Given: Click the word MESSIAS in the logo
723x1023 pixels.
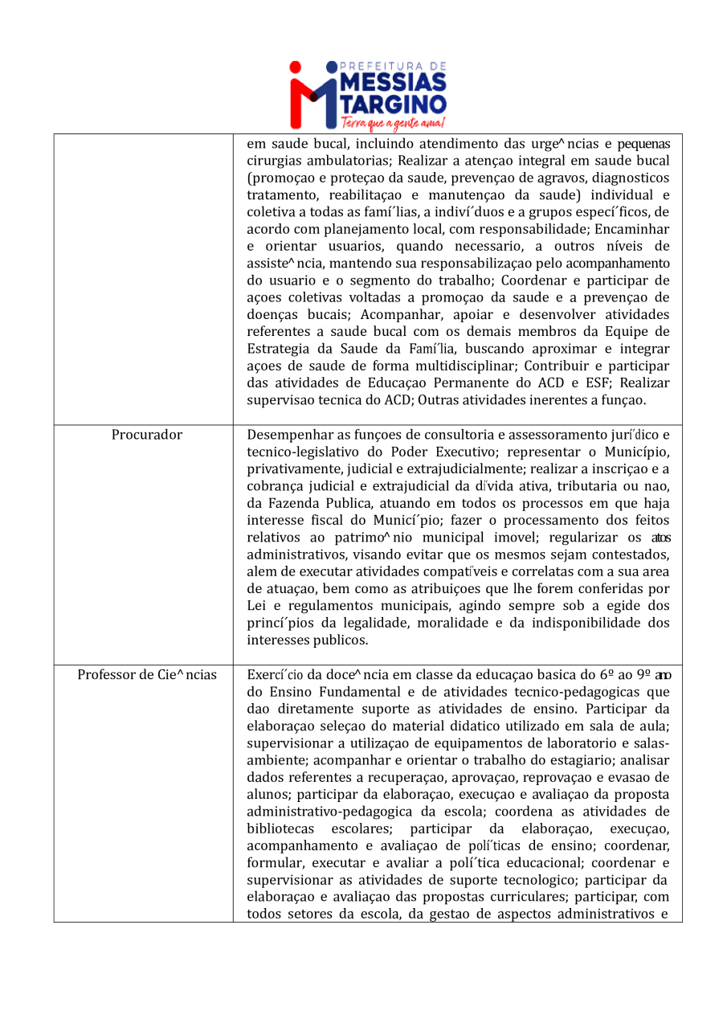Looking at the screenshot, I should pyautogui.click(x=394, y=84).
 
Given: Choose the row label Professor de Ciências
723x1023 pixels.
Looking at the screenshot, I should pyautogui.click(x=147, y=674).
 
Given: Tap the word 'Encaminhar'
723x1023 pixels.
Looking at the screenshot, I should pyautogui.click(x=635, y=229).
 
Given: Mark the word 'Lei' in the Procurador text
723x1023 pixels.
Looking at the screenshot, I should pyautogui.click(x=257, y=606).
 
